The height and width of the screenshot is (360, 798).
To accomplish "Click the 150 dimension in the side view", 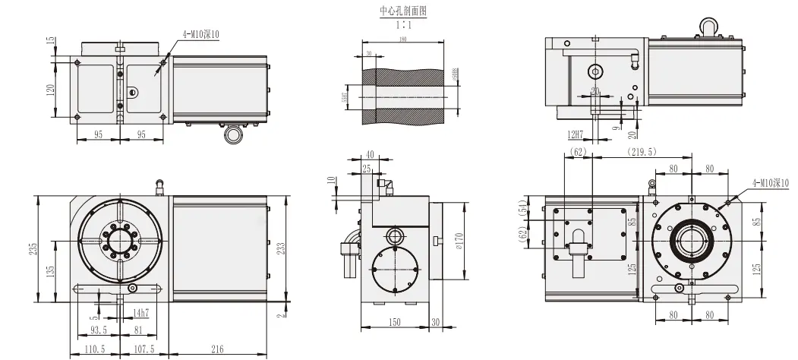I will pos(394,323).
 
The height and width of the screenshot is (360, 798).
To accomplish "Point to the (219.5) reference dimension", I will pos(643,153).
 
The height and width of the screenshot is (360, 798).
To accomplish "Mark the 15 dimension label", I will pos(51,40).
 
